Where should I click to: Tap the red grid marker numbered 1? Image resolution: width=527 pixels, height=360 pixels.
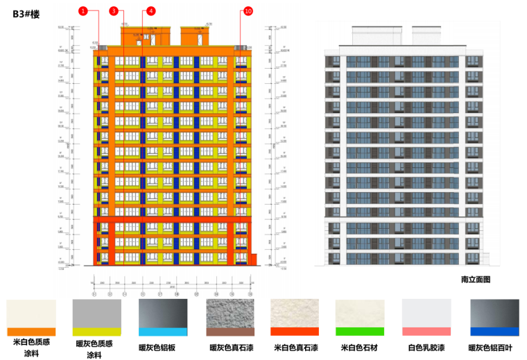click(x=83, y=11)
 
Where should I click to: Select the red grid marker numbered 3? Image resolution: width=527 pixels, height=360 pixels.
click(x=113, y=11)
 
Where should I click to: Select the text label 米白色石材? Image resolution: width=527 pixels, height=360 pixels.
click(x=361, y=346)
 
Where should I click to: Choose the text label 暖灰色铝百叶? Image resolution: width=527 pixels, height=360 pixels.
click(x=494, y=346)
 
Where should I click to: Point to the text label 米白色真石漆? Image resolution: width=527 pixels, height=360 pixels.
click(x=295, y=346)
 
